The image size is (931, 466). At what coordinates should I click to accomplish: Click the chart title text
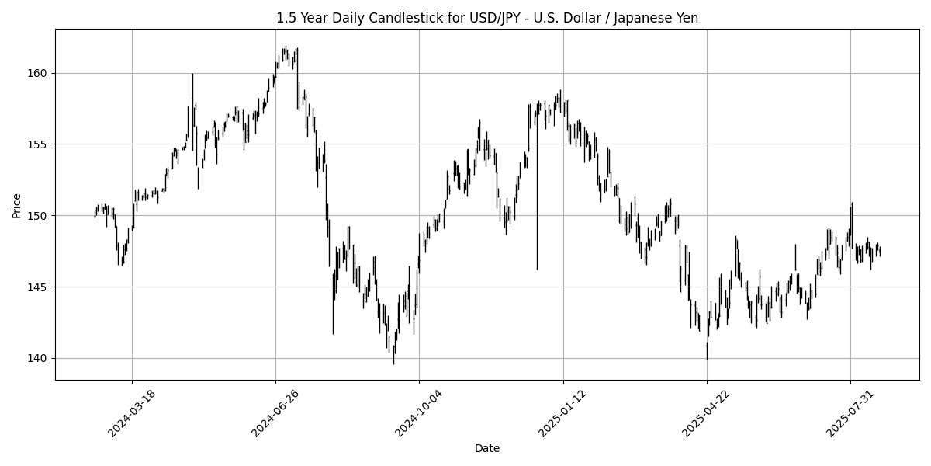tap(487, 18)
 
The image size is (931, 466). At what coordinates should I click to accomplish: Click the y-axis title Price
tap(17, 205)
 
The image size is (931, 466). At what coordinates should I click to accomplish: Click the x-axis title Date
tap(487, 448)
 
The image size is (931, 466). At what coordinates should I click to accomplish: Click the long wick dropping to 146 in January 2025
tap(537, 233)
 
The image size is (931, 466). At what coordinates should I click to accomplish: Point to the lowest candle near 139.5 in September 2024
tap(393, 357)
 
